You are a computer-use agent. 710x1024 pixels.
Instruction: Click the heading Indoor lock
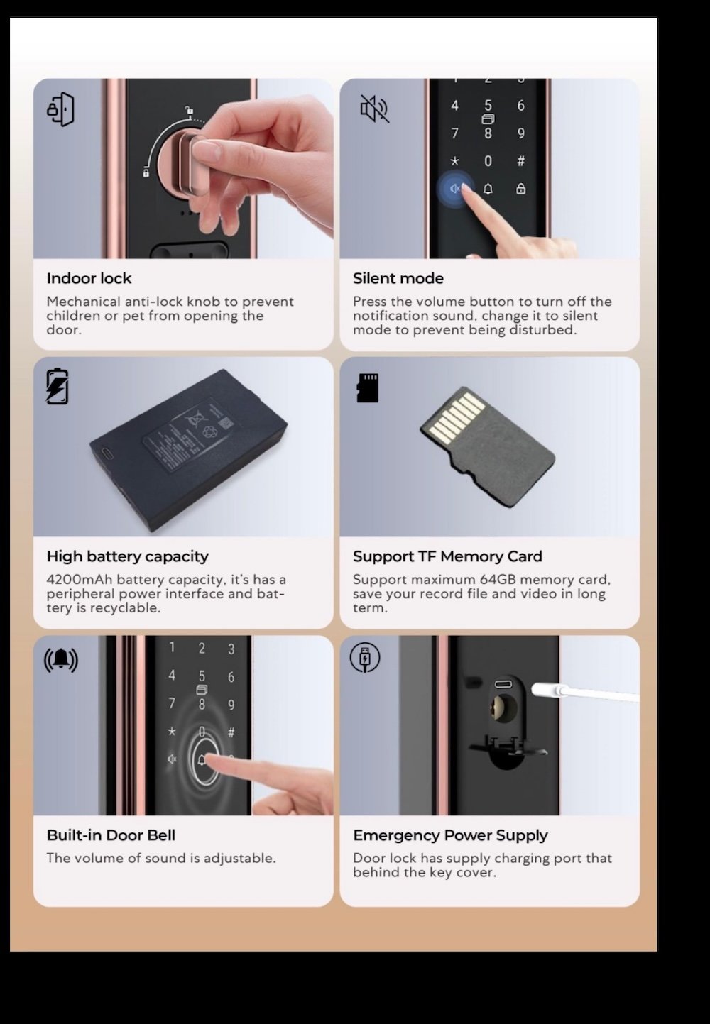(x=89, y=278)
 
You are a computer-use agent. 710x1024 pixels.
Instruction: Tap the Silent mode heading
(x=398, y=278)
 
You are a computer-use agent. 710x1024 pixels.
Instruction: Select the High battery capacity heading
(x=128, y=556)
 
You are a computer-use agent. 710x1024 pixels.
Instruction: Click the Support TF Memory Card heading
(x=447, y=556)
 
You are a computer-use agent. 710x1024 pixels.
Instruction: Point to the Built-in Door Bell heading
(x=111, y=835)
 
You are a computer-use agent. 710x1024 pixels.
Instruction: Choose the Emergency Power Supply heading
(x=450, y=835)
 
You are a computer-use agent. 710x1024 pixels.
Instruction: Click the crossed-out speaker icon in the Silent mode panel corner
(x=375, y=109)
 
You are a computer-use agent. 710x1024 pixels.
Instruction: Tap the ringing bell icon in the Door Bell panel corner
(x=61, y=660)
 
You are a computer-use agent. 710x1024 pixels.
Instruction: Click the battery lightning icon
(x=58, y=386)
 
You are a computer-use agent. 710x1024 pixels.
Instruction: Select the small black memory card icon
(x=367, y=387)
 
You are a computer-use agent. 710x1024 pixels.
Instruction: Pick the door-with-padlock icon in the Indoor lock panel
(x=60, y=110)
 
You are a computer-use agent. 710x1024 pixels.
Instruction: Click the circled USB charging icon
(x=365, y=657)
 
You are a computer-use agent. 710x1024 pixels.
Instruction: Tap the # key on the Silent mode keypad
(x=520, y=161)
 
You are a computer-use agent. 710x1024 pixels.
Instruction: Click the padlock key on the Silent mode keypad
(x=520, y=188)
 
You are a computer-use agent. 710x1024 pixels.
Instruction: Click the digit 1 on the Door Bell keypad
(x=172, y=647)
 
